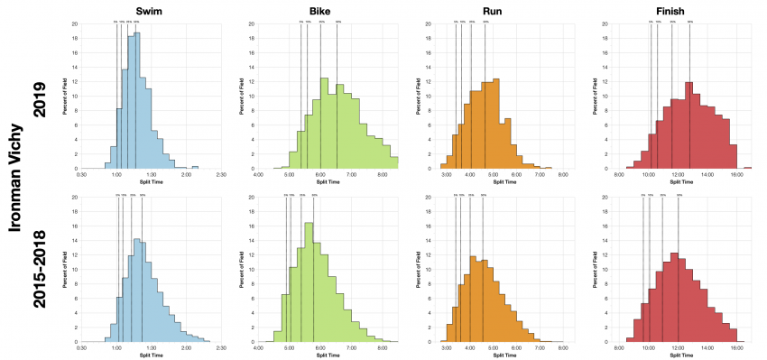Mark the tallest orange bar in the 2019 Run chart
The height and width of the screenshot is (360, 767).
click(x=496, y=124)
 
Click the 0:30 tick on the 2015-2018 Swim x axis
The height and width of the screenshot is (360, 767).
click(x=82, y=347)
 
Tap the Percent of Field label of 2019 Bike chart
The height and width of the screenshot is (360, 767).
click(x=243, y=97)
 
